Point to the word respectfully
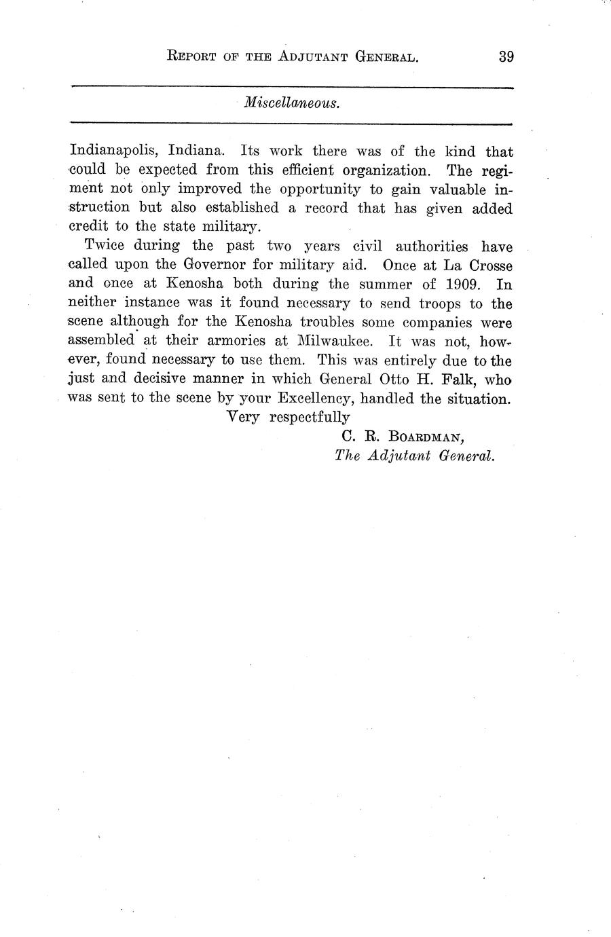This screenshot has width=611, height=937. (x=310, y=417)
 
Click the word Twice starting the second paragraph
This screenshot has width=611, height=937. (x=105, y=246)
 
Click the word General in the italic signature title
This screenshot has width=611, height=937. (x=466, y=456)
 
